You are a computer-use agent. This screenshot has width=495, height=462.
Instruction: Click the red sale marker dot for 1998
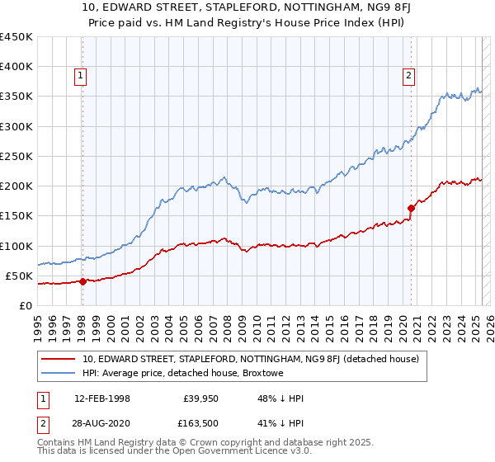(82, 281)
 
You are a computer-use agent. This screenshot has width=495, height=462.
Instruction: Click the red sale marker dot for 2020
(411, 208)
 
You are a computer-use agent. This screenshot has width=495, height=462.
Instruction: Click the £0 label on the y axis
(26, 306)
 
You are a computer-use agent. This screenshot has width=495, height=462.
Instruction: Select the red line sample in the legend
(59, 359)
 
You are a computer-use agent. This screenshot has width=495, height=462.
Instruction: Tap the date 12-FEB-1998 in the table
(106, 398)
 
